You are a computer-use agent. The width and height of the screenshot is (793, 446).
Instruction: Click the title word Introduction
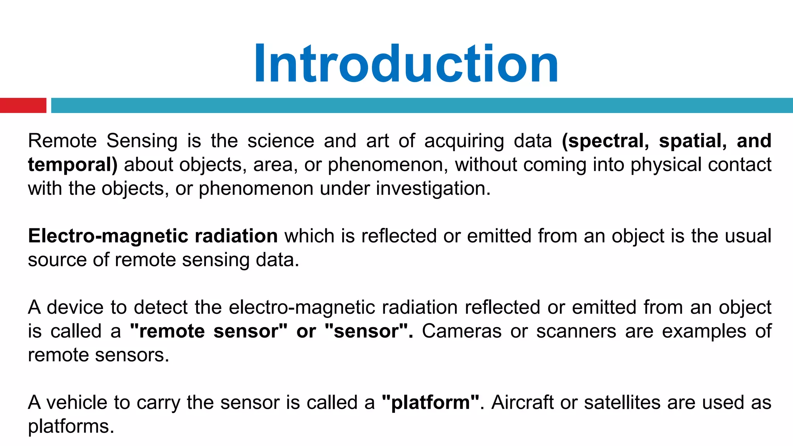(406, 64)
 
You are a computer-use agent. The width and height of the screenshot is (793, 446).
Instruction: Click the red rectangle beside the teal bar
(23, 105)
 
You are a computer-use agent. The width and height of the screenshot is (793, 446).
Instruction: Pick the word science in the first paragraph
(281, 141)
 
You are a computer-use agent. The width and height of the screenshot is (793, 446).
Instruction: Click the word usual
(748, 236)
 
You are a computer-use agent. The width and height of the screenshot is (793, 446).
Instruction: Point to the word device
(75, 308)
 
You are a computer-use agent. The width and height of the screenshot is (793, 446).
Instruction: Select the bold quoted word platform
(430, 403)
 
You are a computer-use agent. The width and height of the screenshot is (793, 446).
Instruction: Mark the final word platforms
(71, 427)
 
